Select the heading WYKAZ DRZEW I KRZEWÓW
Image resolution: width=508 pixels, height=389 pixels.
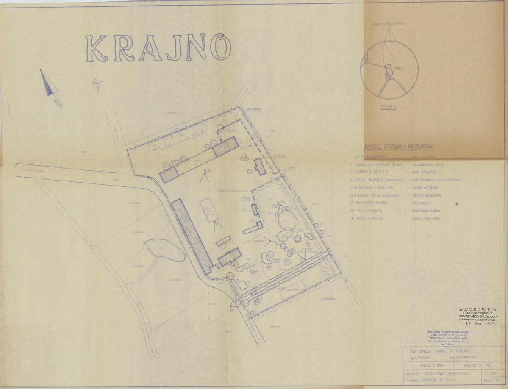(395, 147)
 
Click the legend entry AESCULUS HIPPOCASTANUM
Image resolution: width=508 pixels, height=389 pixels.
(379, 164)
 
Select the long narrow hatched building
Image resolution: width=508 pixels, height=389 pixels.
(192, 235)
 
